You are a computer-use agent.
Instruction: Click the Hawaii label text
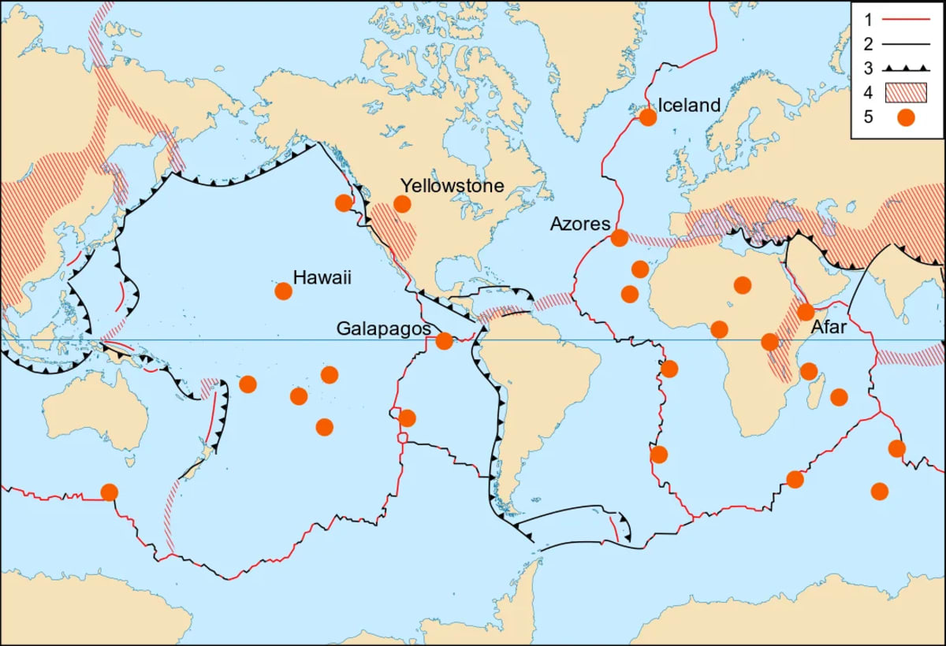(x=322, y=277)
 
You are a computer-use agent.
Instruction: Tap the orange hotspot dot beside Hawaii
(x=283, y=291)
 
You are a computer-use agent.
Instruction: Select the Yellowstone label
(x=452, y=186)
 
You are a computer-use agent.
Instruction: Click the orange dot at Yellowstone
(x=402, y=204)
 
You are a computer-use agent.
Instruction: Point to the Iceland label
(x=689, y=105)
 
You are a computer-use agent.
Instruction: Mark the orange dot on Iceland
(x=648, y=117)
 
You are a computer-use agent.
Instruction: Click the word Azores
(x=580, y=225)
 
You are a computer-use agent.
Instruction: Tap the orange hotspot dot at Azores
(x=620, y=237)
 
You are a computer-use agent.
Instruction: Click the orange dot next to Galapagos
(x=445, y=341)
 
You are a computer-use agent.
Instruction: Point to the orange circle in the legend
(x=906, y=118)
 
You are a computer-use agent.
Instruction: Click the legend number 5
(x=866, y=118)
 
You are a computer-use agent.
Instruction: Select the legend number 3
(x=866, y=68)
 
